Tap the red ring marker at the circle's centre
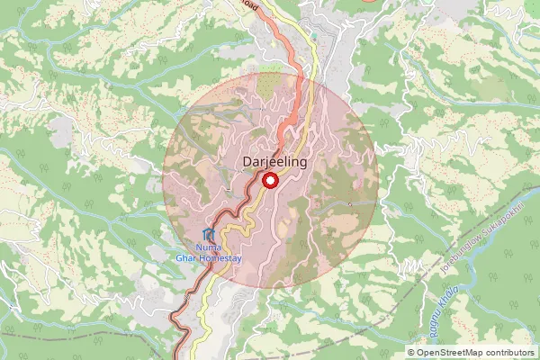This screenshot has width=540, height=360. (268, 181)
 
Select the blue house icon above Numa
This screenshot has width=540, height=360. (209, 234)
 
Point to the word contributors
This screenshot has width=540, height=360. (510, 353)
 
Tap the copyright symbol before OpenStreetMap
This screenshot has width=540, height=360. (412, 353)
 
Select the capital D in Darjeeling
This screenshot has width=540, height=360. (247, 162)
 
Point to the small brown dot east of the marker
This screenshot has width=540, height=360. (350, 203)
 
